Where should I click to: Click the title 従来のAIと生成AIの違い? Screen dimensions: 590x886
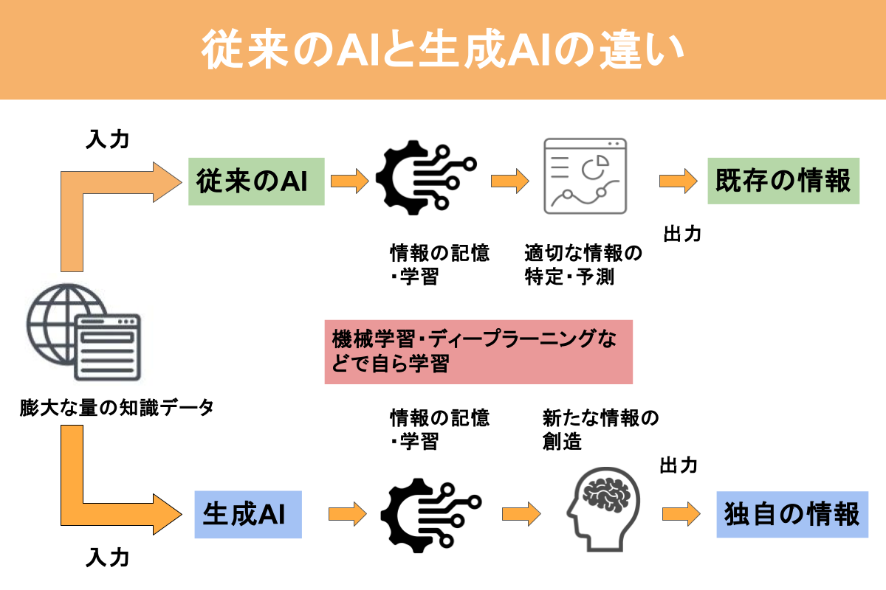click(443, 50)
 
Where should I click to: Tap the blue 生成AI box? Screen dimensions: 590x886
click(248, 513)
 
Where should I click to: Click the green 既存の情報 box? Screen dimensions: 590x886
click(783, 181)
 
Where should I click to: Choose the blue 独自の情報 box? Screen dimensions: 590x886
click(791, 513)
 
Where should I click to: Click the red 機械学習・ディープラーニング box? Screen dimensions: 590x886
click(478, 352)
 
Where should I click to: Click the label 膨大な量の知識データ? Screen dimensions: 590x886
click(117, 407)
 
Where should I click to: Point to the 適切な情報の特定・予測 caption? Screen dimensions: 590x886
click(583, 265)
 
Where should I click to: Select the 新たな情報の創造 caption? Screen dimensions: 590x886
click(600, 430)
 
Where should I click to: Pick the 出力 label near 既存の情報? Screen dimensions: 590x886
click(682, 234)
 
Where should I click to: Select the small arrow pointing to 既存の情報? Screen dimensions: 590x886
click(678, 179)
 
